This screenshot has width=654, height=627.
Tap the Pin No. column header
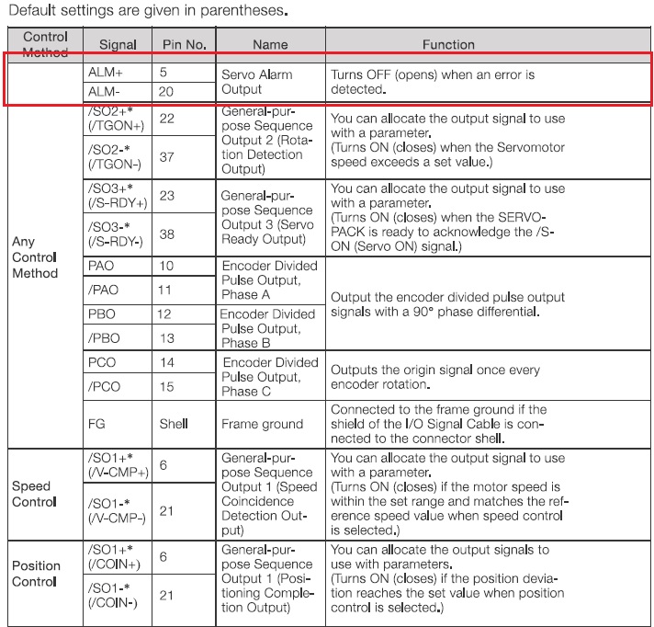coord(185,44)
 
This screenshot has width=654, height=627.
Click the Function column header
coord(448,44)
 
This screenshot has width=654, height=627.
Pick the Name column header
coord(270,44)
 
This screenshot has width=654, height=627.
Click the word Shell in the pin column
coord(174,424)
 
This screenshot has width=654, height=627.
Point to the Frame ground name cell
coord(262,424)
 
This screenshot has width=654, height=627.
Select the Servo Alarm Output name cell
coord(254,81)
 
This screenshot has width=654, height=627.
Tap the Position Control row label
coord(36,573)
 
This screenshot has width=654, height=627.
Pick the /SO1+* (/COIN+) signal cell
coord(114,557)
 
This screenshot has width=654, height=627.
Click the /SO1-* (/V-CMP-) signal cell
coord(116,510)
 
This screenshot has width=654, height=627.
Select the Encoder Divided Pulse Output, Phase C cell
coord(269,376)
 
